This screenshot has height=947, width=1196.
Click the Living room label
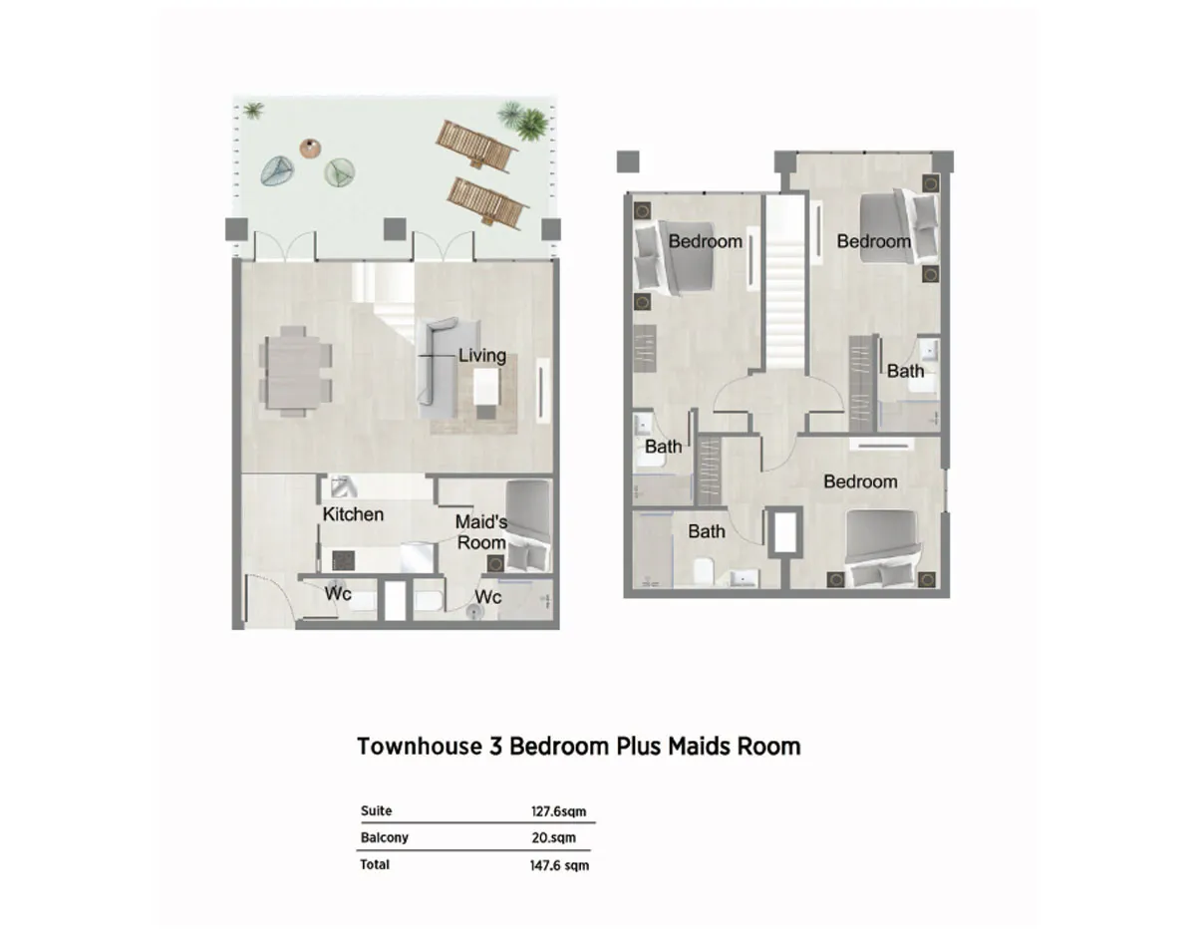481,356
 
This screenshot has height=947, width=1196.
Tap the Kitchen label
353,514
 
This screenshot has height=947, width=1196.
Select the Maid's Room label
481,532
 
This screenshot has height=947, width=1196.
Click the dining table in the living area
295,372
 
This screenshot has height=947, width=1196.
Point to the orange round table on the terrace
310,149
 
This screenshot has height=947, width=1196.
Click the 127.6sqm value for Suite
558,811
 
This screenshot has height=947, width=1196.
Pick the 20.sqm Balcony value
553,837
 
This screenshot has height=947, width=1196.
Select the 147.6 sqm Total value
559,865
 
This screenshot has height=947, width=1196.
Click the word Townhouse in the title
420,747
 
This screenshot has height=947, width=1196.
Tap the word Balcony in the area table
385,837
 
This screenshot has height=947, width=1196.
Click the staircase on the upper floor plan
785,283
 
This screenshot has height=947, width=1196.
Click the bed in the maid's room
528,526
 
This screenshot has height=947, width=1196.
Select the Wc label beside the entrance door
338,594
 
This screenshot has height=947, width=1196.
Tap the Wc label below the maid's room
488,597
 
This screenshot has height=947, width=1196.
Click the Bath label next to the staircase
905,371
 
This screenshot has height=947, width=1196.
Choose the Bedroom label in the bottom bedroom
860,481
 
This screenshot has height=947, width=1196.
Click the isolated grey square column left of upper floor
628,161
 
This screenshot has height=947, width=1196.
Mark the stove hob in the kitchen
344,560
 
